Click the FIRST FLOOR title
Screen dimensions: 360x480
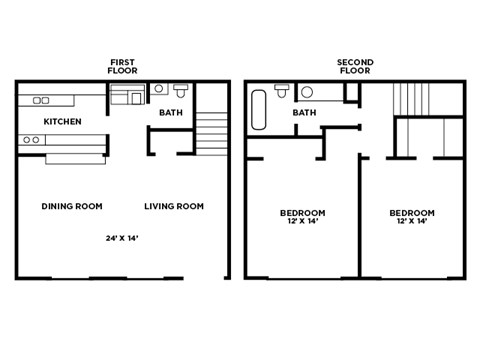tap(122, 67)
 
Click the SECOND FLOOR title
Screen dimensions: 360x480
tap(355, 67)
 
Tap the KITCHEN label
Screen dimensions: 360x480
tap(62, 121)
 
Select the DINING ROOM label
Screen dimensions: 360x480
tap(72, 206)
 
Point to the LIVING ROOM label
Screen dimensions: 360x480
tap(173, 206)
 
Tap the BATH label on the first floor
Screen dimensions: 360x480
tap(170, 113)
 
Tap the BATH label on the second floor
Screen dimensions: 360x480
tap(304, 113)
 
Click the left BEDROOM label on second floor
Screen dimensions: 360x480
tap(302, 213)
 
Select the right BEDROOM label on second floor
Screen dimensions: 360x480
tap(411, 213)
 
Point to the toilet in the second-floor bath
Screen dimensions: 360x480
tap(282, 92)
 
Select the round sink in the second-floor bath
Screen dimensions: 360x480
tap(306, 93)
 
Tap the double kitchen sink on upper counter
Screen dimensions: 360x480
tap(42, 100)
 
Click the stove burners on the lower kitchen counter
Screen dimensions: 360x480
tap(31, 140)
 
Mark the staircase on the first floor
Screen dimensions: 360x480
tap(211, 131)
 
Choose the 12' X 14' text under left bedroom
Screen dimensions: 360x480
tap(302, 222)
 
